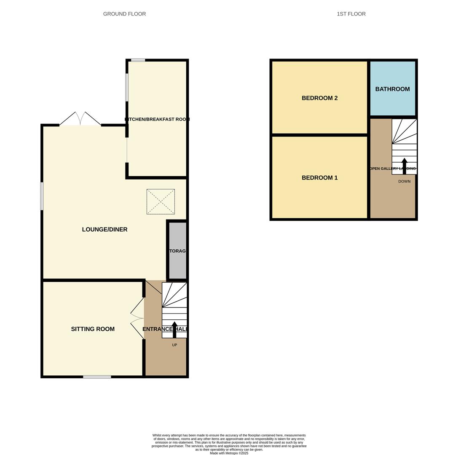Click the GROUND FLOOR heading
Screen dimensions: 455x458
point(124,14)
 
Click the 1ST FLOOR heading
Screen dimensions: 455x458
point(351,14)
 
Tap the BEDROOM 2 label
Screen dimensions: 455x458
point(319,98)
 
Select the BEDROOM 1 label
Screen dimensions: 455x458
point(319,178)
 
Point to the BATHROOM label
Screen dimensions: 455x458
point(392,89)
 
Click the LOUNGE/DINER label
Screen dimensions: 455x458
point(104,230)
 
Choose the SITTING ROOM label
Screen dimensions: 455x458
point(93,329)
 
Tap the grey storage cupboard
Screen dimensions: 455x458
point(177,250)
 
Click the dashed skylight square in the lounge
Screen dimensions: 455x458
point(161,202)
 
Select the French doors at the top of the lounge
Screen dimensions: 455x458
point(80,119)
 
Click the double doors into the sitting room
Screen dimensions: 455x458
point(137,318)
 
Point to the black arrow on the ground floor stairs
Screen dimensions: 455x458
point(174,329)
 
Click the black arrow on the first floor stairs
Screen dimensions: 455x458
point(404,166)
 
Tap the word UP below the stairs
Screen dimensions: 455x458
point(174,345)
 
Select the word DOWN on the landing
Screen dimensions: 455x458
point(404,182)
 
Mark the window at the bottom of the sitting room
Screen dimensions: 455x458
point(97,377)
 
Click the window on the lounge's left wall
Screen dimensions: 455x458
point(42,196)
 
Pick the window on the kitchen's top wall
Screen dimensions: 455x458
point(138,60)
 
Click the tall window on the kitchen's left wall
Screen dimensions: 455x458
point(127,88)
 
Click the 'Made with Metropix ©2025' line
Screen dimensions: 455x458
point(229,453)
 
